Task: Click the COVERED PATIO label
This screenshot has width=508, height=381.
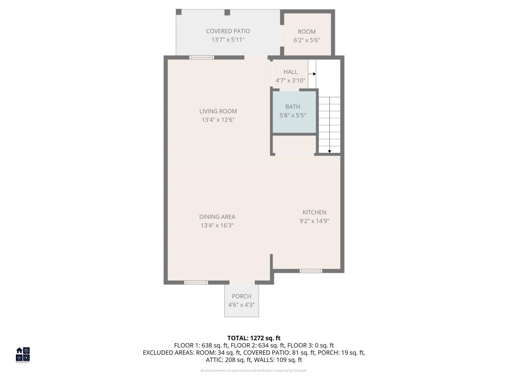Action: click(x=228, y=31)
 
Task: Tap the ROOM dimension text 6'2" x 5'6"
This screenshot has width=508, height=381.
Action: click(x=307, y=40)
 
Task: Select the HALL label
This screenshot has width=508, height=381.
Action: click(x=290, y=72)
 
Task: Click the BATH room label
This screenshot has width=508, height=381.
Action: click(x=292, y=107)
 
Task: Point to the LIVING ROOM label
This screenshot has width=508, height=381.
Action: click(x=218, y=112)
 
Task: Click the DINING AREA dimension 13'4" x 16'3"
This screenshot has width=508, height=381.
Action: click(x=217, y=225)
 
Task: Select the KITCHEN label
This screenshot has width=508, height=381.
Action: click(x=314, y=212)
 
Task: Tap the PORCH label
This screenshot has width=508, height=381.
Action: click(x=241, y=296)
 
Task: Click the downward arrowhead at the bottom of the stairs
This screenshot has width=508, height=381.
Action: click(x=329, y=151)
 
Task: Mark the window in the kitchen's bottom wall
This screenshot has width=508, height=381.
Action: click(x=310, y=271)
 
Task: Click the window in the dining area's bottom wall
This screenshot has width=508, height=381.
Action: click(x=196, y=283)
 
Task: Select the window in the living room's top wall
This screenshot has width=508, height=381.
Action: click(x=202, y=58)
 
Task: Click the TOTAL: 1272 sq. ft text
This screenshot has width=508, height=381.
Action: click(x=254, y=338)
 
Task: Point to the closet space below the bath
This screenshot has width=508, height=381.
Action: click(x=294, y=144)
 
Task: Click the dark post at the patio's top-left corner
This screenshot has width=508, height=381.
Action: click(x=179, y=12)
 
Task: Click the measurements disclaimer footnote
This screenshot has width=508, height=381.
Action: click(x=254, y=371)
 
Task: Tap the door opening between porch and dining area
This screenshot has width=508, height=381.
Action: click(x=242, y=283)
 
